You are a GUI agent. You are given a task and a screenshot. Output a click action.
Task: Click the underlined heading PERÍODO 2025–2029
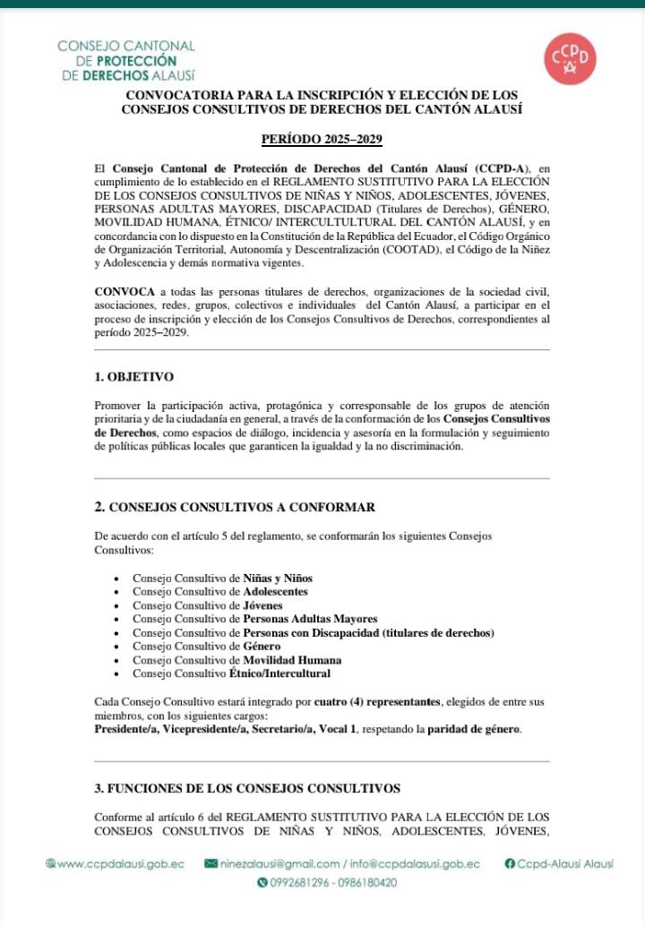pos(322,140)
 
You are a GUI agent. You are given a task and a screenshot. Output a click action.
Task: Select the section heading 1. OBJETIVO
pos(134,376)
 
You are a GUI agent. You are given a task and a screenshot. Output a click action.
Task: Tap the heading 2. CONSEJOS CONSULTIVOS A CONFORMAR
pos(235,507)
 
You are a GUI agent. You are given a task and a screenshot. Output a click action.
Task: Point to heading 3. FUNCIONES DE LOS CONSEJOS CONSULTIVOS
pos(247,788)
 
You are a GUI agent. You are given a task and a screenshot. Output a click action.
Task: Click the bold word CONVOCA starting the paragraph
pos(125,292)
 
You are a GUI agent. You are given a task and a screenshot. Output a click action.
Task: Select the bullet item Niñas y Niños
pos(222,578)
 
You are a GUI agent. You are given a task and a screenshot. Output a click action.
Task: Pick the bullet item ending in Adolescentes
pos(219,591)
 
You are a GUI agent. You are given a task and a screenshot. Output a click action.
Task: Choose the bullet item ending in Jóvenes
pos(207,605)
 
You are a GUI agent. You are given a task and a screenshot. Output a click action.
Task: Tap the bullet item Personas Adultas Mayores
pos(254,619)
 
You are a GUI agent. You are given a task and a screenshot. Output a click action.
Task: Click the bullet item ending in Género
pos(198,646)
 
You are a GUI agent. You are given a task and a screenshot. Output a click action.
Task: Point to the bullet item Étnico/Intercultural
pos(231,673)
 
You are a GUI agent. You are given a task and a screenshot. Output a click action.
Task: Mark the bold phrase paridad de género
pos(473,729)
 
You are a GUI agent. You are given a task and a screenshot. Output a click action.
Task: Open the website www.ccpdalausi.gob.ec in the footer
pos(120,864)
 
